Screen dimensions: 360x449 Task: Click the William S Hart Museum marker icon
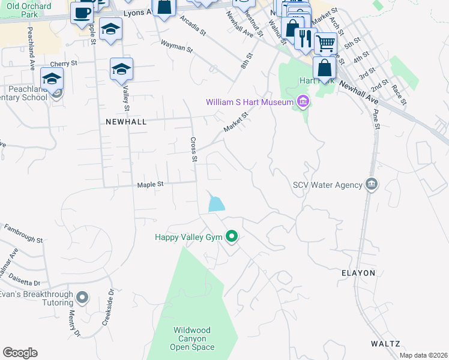[x=303, y=102]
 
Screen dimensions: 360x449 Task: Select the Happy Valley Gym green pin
[x=232, y=237]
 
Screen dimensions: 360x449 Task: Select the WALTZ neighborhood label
[x=385, y=344]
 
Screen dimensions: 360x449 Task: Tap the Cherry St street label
[x=64, y=63]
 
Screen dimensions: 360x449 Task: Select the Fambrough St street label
[x=23, y=234]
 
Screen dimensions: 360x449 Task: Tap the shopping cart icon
[x=325, y=43]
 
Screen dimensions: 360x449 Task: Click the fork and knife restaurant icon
[x=306, y=38]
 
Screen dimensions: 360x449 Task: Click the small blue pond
[x=215, y=203]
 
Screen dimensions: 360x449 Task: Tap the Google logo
[x=20, y=353]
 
